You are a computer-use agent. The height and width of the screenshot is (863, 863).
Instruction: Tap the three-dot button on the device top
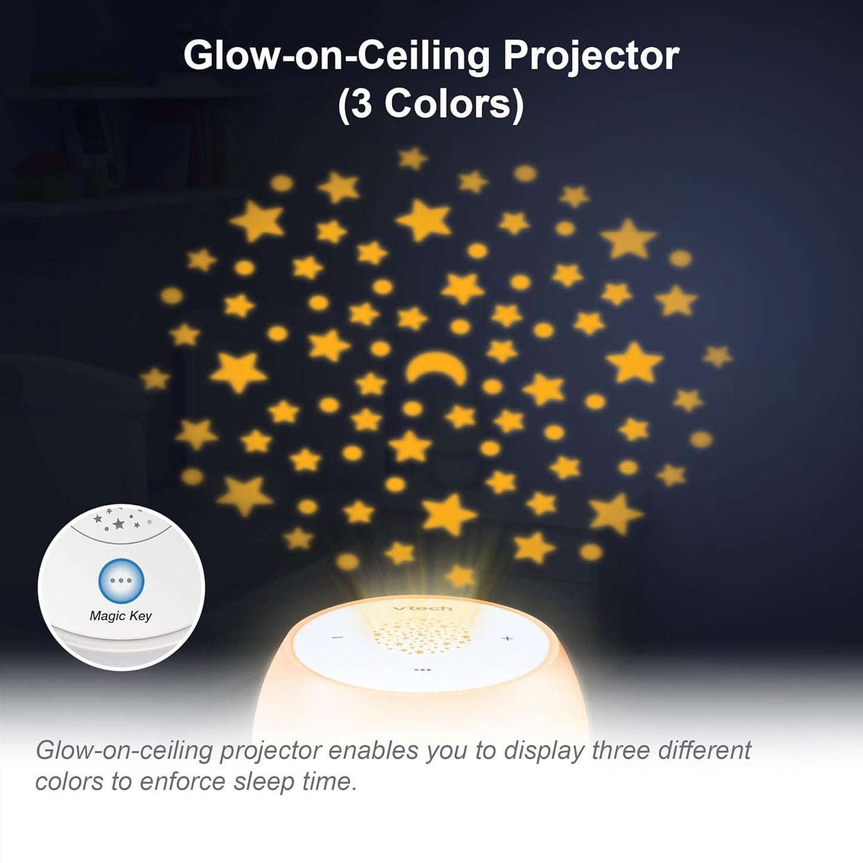(422, 669)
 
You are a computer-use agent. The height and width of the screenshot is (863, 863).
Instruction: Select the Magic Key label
(121, 615)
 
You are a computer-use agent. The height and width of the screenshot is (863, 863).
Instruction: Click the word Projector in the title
(591, 56)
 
